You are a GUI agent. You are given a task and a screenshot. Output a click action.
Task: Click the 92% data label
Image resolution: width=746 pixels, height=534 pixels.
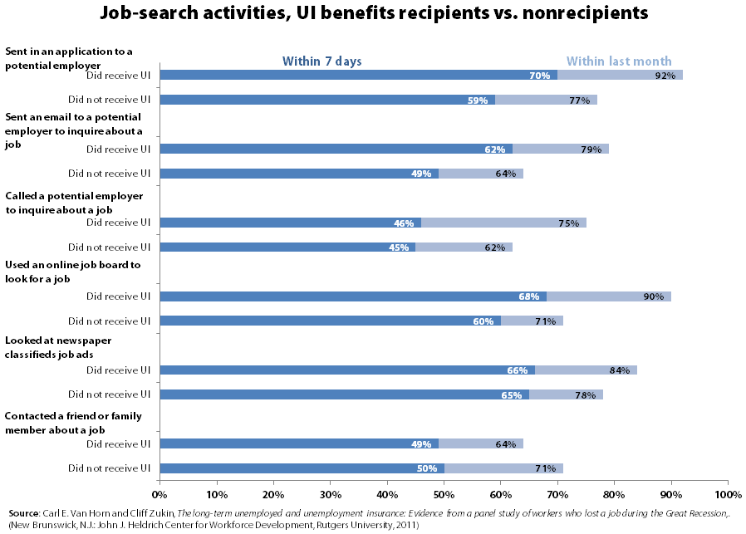(665, 76)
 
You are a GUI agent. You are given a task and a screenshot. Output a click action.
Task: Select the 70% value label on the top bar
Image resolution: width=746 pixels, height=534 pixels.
(540, 76)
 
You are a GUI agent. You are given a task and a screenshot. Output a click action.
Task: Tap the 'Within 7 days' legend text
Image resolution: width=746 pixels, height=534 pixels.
(321, 61)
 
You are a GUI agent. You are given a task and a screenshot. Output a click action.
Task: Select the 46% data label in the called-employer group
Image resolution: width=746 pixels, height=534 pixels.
(404, 223)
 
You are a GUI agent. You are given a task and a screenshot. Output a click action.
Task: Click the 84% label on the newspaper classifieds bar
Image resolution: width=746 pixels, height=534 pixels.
(620, 370)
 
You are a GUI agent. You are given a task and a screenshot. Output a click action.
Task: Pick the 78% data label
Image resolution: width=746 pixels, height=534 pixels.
(586, 395)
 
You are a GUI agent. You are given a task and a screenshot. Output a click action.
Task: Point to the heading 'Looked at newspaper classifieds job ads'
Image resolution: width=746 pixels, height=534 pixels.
(58, 347)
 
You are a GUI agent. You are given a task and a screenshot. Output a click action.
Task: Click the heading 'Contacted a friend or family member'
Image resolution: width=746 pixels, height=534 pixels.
(73, 423)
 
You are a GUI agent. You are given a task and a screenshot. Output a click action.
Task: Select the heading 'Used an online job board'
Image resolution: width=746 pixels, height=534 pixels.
(73, 271)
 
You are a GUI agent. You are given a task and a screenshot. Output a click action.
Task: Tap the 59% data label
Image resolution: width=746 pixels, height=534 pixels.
(478, 100)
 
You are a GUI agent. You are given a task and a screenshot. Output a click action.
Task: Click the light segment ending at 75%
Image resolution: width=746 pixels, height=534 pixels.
(503, 223)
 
